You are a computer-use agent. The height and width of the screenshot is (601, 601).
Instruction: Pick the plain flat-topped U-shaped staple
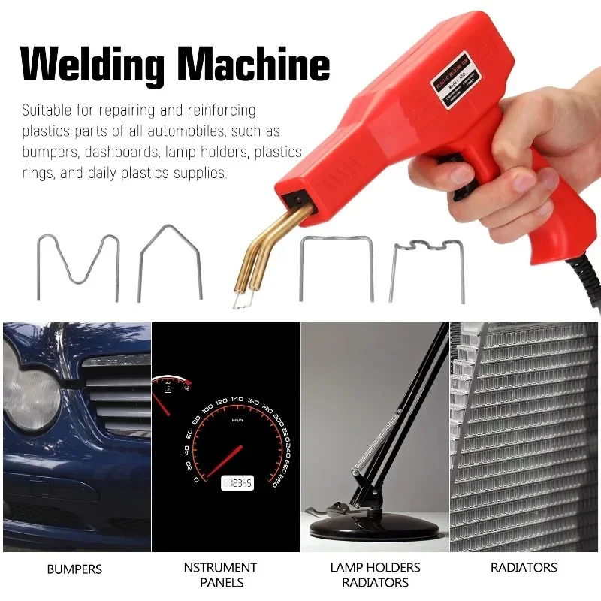[336, 267]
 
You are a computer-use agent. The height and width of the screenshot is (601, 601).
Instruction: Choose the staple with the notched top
[426, 267]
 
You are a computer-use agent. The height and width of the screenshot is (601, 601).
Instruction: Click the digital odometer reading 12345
[237, 483]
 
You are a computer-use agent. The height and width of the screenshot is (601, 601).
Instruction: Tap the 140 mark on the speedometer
[237, 400]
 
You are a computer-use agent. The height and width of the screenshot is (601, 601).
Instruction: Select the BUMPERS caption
[74, 569]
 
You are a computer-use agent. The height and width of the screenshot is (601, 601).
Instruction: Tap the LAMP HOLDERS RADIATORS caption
[375, 575]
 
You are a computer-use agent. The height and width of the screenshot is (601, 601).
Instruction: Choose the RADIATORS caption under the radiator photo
[524, 567]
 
